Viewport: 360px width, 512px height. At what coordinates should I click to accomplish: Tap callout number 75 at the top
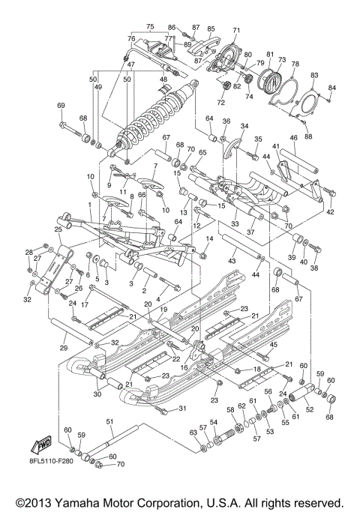click(x=150, y=25)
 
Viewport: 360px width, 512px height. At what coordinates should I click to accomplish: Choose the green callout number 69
click(x=61, y=106)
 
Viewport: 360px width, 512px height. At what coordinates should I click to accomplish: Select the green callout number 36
click(x=226, y=121)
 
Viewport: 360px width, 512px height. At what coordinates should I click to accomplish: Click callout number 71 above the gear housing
click(x=235, y=30)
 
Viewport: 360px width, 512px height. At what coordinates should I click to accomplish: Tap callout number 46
click(x=293, y=138)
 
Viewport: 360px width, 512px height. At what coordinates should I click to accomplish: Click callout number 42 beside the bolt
click(x=330, y=213)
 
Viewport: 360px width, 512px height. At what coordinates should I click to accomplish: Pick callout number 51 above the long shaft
click(x=109, y=421)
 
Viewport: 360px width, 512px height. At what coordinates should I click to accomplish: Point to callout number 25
click(x=57, y=229)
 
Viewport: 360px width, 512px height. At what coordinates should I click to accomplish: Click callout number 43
click(x=232, y=259)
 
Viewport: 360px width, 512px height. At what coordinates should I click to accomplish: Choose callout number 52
click(x=309, y=409)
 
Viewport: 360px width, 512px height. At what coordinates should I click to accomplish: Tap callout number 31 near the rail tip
click(x=182, y=409)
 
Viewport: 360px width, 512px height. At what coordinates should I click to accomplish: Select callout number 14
click(x=210, y=238)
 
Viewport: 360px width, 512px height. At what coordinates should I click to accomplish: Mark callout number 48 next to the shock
click(x=163, y=79)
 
